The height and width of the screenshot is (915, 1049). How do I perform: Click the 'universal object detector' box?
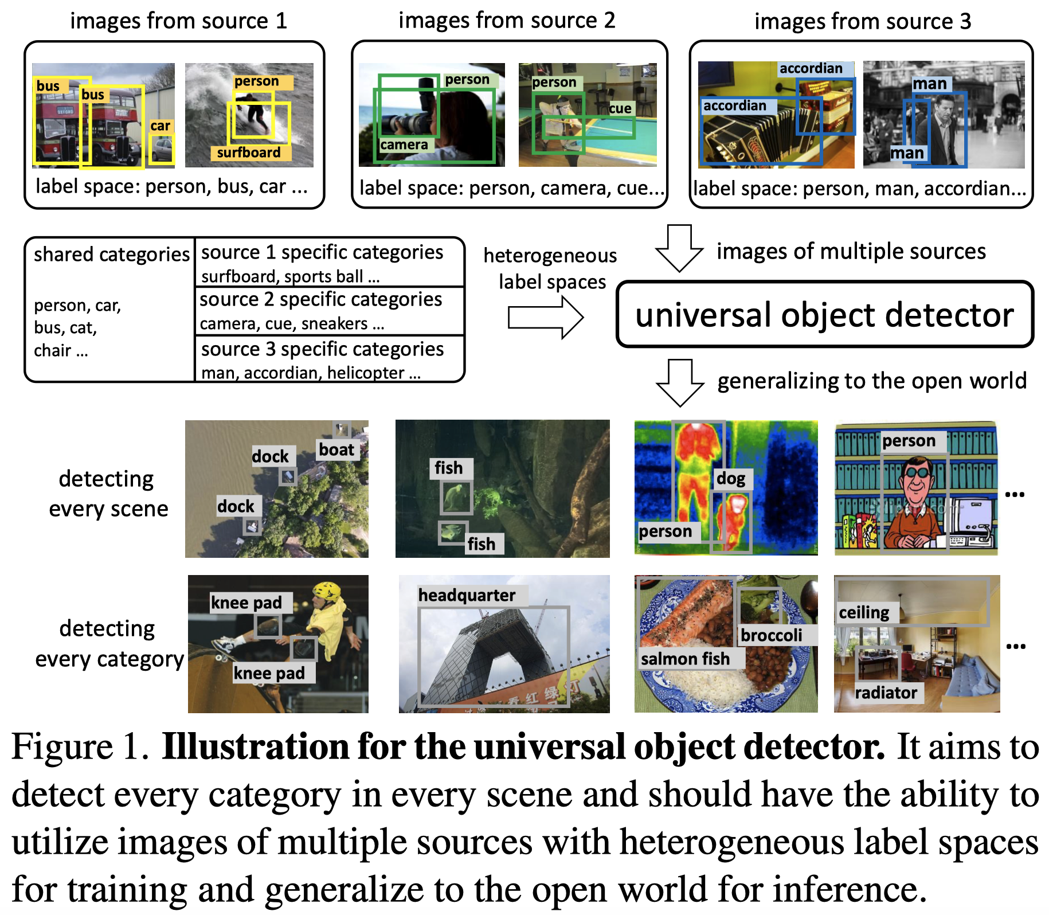pos(824,314)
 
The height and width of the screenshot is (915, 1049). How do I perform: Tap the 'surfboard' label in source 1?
pos(249,152)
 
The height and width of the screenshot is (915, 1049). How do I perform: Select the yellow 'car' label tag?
pos(161,126)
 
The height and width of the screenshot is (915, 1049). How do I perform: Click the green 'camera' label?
pos(404,144)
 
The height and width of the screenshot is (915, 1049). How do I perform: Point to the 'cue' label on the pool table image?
pos(620,108)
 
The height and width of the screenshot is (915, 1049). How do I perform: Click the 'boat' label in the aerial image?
pos(336,449)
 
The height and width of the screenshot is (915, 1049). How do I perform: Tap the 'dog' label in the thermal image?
pos(730,478)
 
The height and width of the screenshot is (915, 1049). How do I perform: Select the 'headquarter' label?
pos(467,595)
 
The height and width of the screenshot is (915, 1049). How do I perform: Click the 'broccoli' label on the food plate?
pos(771,635)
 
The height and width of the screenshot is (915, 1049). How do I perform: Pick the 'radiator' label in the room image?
pos(886,693)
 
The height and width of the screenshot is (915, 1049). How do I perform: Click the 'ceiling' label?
pos(864,612)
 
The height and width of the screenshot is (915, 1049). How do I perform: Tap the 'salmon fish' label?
pos(685,659)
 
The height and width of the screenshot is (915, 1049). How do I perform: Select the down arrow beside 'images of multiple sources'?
pos(679,248)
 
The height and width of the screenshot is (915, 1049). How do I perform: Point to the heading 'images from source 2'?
pos(507,21)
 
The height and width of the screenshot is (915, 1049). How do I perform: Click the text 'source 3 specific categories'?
pos(322,349)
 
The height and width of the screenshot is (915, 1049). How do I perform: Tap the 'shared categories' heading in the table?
pos(111,254)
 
